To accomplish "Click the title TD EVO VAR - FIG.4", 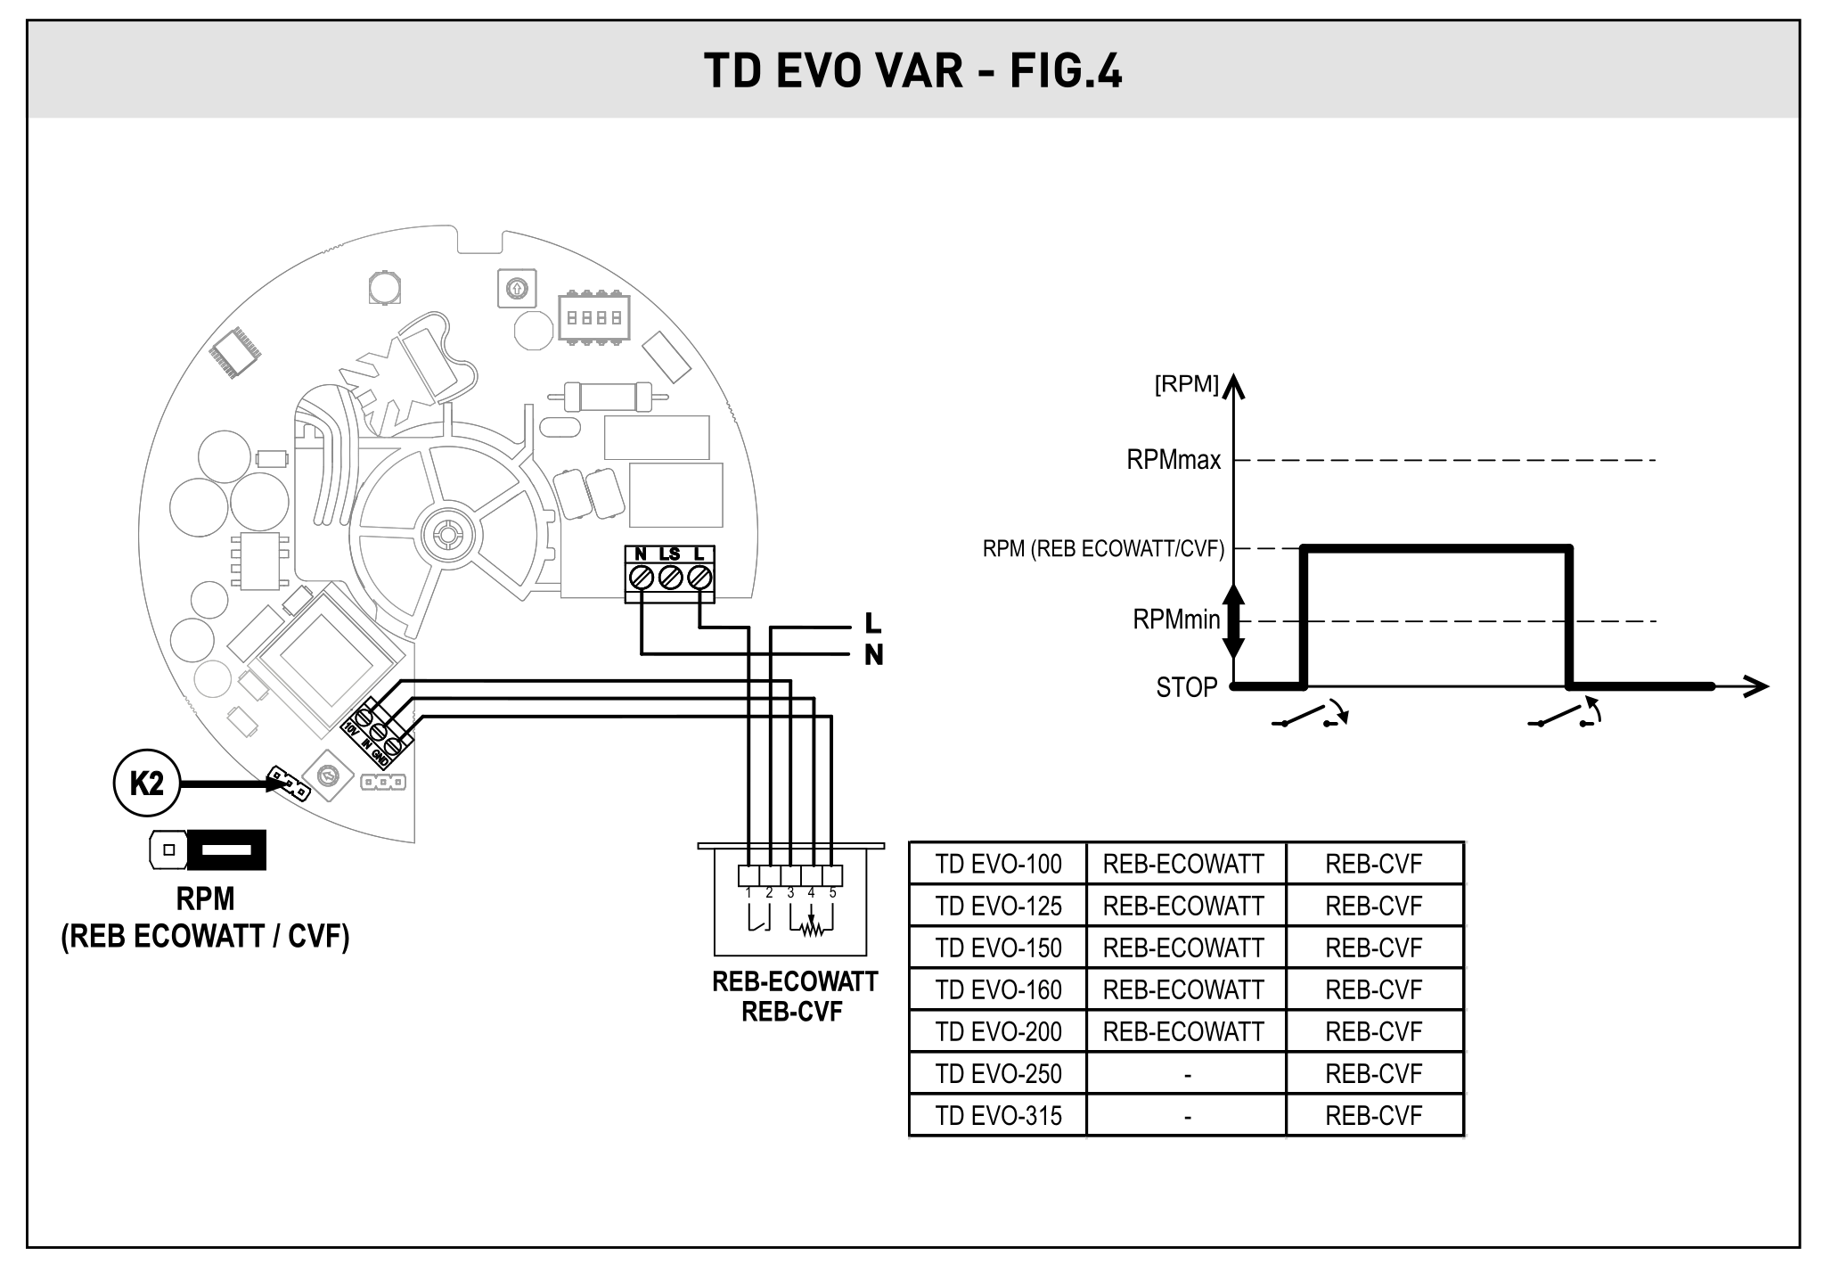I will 912,70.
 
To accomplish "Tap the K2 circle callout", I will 147,784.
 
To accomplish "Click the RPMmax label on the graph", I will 1174,461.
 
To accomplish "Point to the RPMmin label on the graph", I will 1176,619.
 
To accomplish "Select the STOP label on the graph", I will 1186,687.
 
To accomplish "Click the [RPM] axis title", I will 1186,384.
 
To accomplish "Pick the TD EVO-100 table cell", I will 998,864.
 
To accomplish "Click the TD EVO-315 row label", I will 998,1115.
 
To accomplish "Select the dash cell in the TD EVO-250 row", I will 1187,1074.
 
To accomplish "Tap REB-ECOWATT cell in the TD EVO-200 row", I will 1183,1031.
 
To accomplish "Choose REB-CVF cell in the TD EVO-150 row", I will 1373,948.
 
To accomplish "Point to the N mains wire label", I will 873,655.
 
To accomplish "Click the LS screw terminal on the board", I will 670,578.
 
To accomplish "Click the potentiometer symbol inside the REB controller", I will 811,929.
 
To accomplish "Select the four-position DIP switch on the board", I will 593,317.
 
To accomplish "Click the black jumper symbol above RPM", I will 227,850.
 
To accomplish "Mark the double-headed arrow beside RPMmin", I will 1233,620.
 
